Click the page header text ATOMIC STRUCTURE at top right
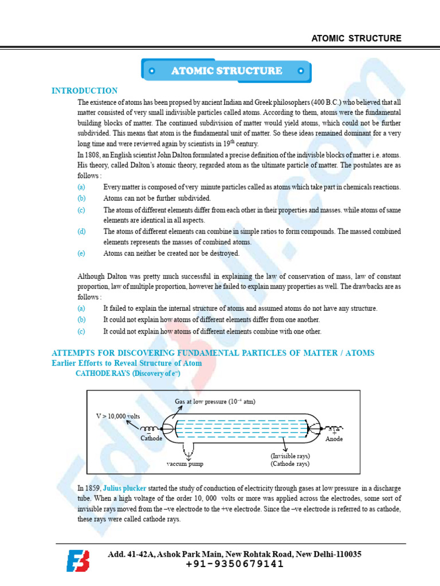pyautogui.click(x=356, y=38)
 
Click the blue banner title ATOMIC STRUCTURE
pyautogui.click(x=226, y=71)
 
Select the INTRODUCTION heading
pyautogui.click(x=85, y=90)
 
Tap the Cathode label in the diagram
pyautogui.click(x=151, y=438)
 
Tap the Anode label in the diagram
pyautogui.click(x=334, y=439)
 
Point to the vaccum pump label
pyautogui.click(x=185, y=464)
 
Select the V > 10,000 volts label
pyautogui.click(x=117, y=416)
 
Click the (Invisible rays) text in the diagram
pyautogui.click(x=290, y=456)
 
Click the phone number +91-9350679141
pyautogui.click(x=235, y=564)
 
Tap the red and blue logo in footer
pyautogui.click(x=78, y=560)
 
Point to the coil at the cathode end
pyautogui.click(x=150, y=429)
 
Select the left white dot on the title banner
pyautogui.click(x=152, y=72)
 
